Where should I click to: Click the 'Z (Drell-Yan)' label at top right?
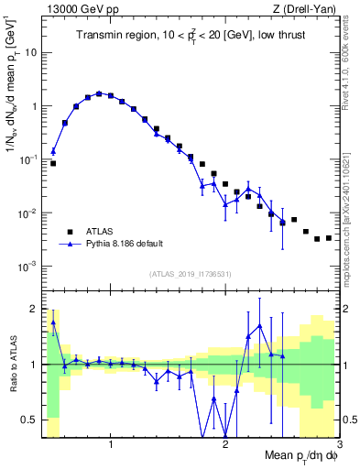coord(307,8)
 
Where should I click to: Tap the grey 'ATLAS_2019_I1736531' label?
coord(190,274)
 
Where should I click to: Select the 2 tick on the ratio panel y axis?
coord(33,308)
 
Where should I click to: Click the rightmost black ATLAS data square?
coord(328,238)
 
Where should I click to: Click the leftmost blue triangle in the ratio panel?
coord(53,322)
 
